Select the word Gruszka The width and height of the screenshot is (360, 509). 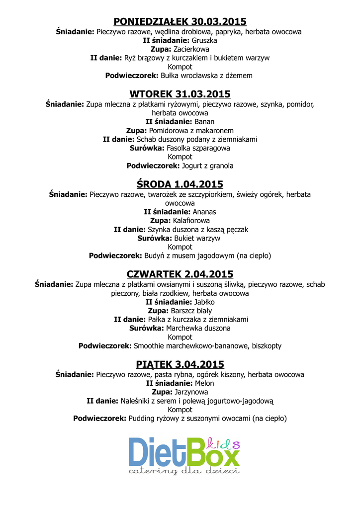click(204, 40)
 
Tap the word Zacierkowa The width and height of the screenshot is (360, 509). click(191, 49)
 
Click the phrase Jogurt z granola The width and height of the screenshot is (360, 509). click(208, 166)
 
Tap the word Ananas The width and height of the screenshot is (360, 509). click(204, 212)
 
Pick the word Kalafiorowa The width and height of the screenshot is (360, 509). click(191, 220)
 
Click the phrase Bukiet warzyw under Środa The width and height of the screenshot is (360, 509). click(197, 238)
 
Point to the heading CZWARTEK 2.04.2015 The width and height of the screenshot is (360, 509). click(180, 274)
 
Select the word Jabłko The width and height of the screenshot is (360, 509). click(204, 302)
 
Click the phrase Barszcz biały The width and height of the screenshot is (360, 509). click(191, 311)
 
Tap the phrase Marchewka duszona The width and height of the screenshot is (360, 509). click(198, 329)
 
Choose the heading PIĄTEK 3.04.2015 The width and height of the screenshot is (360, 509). click(180, 364)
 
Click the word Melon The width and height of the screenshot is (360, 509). click(204, 383)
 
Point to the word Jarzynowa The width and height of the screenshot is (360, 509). click(191, 392)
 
